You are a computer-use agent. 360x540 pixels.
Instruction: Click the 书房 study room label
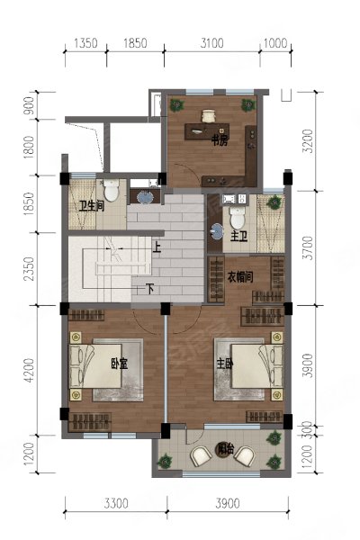(219, 140)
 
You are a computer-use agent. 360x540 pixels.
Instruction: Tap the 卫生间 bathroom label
(91, 206)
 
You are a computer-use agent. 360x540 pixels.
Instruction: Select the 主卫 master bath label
(238, 237)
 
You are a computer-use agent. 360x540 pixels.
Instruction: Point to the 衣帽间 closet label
(240, 276)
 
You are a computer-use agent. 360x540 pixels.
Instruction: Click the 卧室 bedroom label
(120, 364)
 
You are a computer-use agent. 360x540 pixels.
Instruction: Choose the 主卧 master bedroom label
(225, 364)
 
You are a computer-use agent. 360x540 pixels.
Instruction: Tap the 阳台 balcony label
(225, 449)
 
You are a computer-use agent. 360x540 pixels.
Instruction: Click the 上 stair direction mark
(157, 247)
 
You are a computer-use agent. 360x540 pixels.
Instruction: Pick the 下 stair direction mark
(150, 289)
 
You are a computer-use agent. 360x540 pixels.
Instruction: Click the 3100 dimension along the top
(211, 43)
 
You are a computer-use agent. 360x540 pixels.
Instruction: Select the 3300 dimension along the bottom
(116, 504)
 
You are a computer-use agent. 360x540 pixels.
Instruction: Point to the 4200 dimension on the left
(29, 370)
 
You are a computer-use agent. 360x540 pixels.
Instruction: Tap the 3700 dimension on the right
(309, 248)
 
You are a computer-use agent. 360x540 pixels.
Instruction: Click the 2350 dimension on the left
(29, 268)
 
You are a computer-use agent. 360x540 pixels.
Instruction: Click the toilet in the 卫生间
(112, 191)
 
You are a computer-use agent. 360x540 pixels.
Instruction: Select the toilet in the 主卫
(238, 217)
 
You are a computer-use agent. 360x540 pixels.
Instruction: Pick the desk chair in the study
(208, 116)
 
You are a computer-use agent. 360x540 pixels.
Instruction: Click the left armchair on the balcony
(202, 455)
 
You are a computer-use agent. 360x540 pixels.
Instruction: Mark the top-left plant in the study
(176, 105)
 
